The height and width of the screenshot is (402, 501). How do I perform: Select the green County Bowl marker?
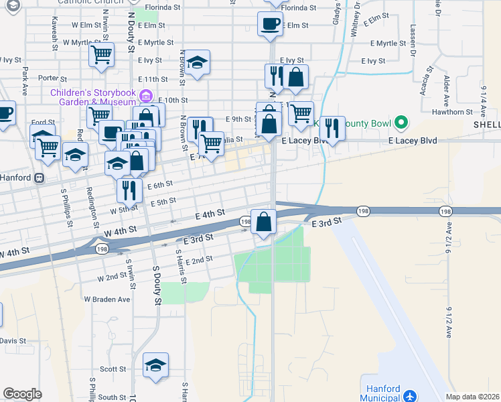[401, 122]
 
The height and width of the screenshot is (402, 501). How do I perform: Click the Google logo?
[22, 394]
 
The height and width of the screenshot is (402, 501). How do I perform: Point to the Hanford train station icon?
[40, 178]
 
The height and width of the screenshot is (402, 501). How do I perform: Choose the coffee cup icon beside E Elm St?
[270, 23]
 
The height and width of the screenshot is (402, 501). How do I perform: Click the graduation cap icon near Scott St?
[155, 364]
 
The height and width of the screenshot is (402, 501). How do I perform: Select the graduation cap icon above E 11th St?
[197, 62]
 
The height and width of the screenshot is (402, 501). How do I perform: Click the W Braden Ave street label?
[106, 299]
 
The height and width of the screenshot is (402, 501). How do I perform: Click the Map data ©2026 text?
[472, 397]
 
